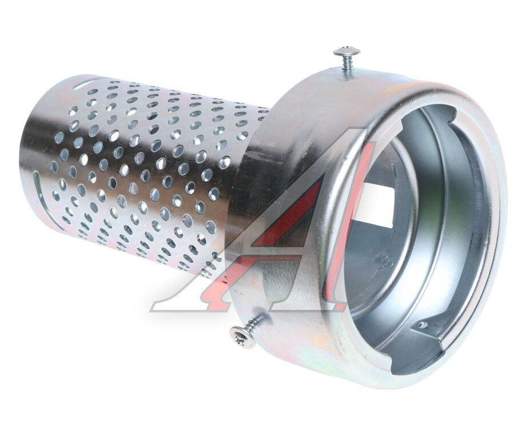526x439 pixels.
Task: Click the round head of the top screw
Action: (x=348, y=51)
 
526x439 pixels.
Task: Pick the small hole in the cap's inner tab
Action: (x=424, y=324)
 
